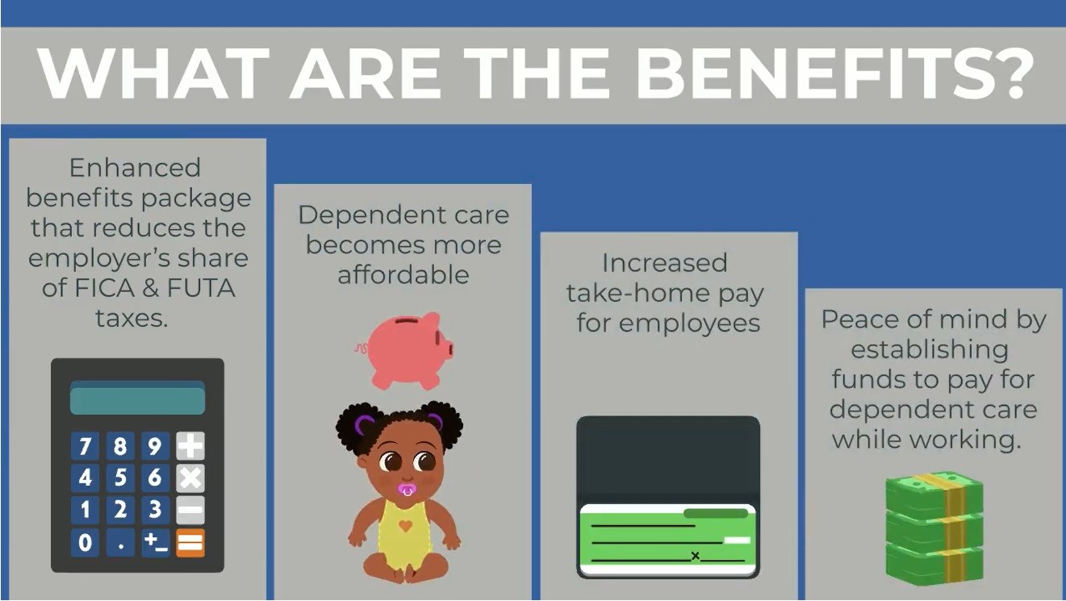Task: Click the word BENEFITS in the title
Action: pyautogui.click(x=807, y=73)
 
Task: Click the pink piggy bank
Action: pyautogui.click(x=405, y=350)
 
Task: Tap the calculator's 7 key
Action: pyautogui.click(x=85, y=446)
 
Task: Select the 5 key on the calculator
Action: pyautogui.click(x=120, y=478)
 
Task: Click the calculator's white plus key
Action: pyautogui.click(x=190, y=446)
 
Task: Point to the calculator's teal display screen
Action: pyautogui.click(x=137, y=398)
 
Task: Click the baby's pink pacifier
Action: pyautogui.click(x=407, y=490)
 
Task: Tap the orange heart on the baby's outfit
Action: pyautogui.click(x=405, y=526)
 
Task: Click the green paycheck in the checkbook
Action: pyautogui.click(x=667, y=539)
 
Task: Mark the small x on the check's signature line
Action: pyautogui.click(x=696, y=556)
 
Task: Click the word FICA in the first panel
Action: pyautogui.click(x=105, y=288)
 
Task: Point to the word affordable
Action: pyautogui.click(x=403, y=274)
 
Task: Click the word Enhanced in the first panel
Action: pyautogui.click(x=135, y=168)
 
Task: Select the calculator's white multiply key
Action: pyautogui.click(x=190, y=478)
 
